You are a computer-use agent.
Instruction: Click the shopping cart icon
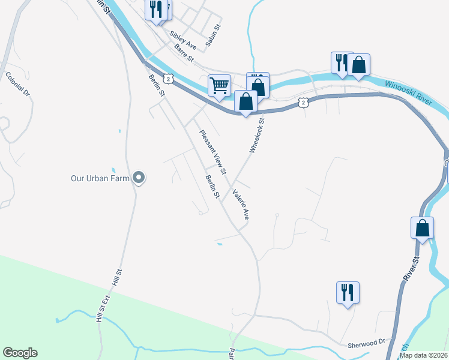click(x=220, y=85)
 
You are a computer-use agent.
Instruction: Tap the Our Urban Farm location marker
click(x=139, y=178)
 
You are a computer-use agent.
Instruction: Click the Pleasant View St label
click(x=212, y=152)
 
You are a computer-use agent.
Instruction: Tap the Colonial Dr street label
click(x=17, y=84)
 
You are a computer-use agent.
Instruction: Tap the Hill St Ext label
click(x=101, y=307)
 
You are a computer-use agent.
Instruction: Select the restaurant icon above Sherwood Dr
click(x=348, y=293)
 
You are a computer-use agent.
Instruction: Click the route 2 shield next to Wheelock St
click(x=304, y=103)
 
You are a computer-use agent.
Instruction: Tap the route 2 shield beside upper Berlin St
click(x=169, y=79)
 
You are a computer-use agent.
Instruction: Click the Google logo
click(x=20, y=353)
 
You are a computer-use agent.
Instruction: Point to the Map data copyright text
click(x=423, y=355)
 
